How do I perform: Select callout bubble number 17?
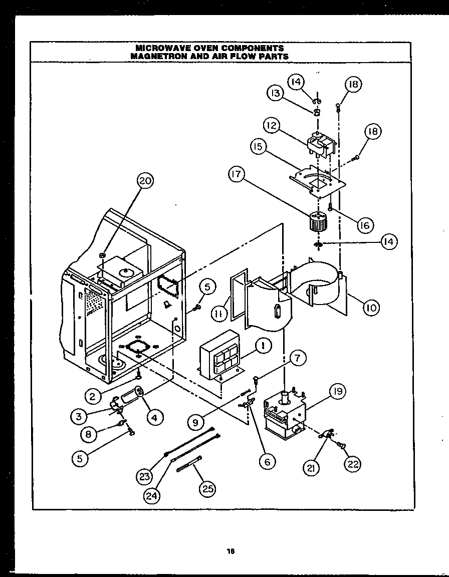(x=237, y=175)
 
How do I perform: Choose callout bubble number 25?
(x=206, y=489)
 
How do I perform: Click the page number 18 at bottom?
(x=231, y=551)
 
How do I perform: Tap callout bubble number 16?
(x=364, y=225)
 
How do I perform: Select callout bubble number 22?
(x=353, y=464)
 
